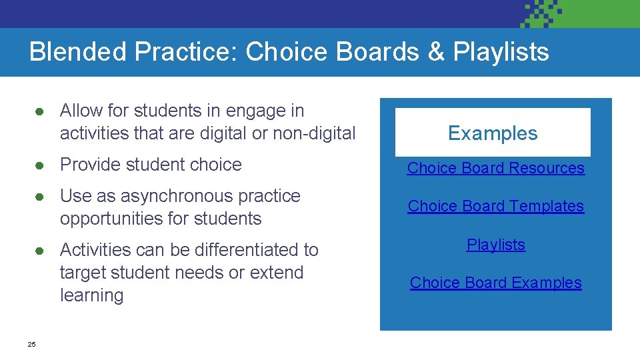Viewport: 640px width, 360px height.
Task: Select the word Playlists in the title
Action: point(501,52)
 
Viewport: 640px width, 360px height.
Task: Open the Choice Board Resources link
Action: point(495,168)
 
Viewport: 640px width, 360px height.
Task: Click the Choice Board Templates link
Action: point(495,206)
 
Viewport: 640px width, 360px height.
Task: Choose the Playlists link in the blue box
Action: point(495,245)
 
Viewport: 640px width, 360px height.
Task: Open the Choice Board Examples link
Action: point(495,283)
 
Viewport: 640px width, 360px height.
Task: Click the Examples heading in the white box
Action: point(493,133)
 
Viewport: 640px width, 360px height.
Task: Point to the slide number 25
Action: point(31,344)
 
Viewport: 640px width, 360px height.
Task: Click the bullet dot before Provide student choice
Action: point(41,165)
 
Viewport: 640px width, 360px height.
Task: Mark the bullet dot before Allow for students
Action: point(41,111)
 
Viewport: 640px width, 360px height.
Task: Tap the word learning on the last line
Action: point(91,295)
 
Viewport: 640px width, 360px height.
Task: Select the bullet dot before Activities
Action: point(41,251)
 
